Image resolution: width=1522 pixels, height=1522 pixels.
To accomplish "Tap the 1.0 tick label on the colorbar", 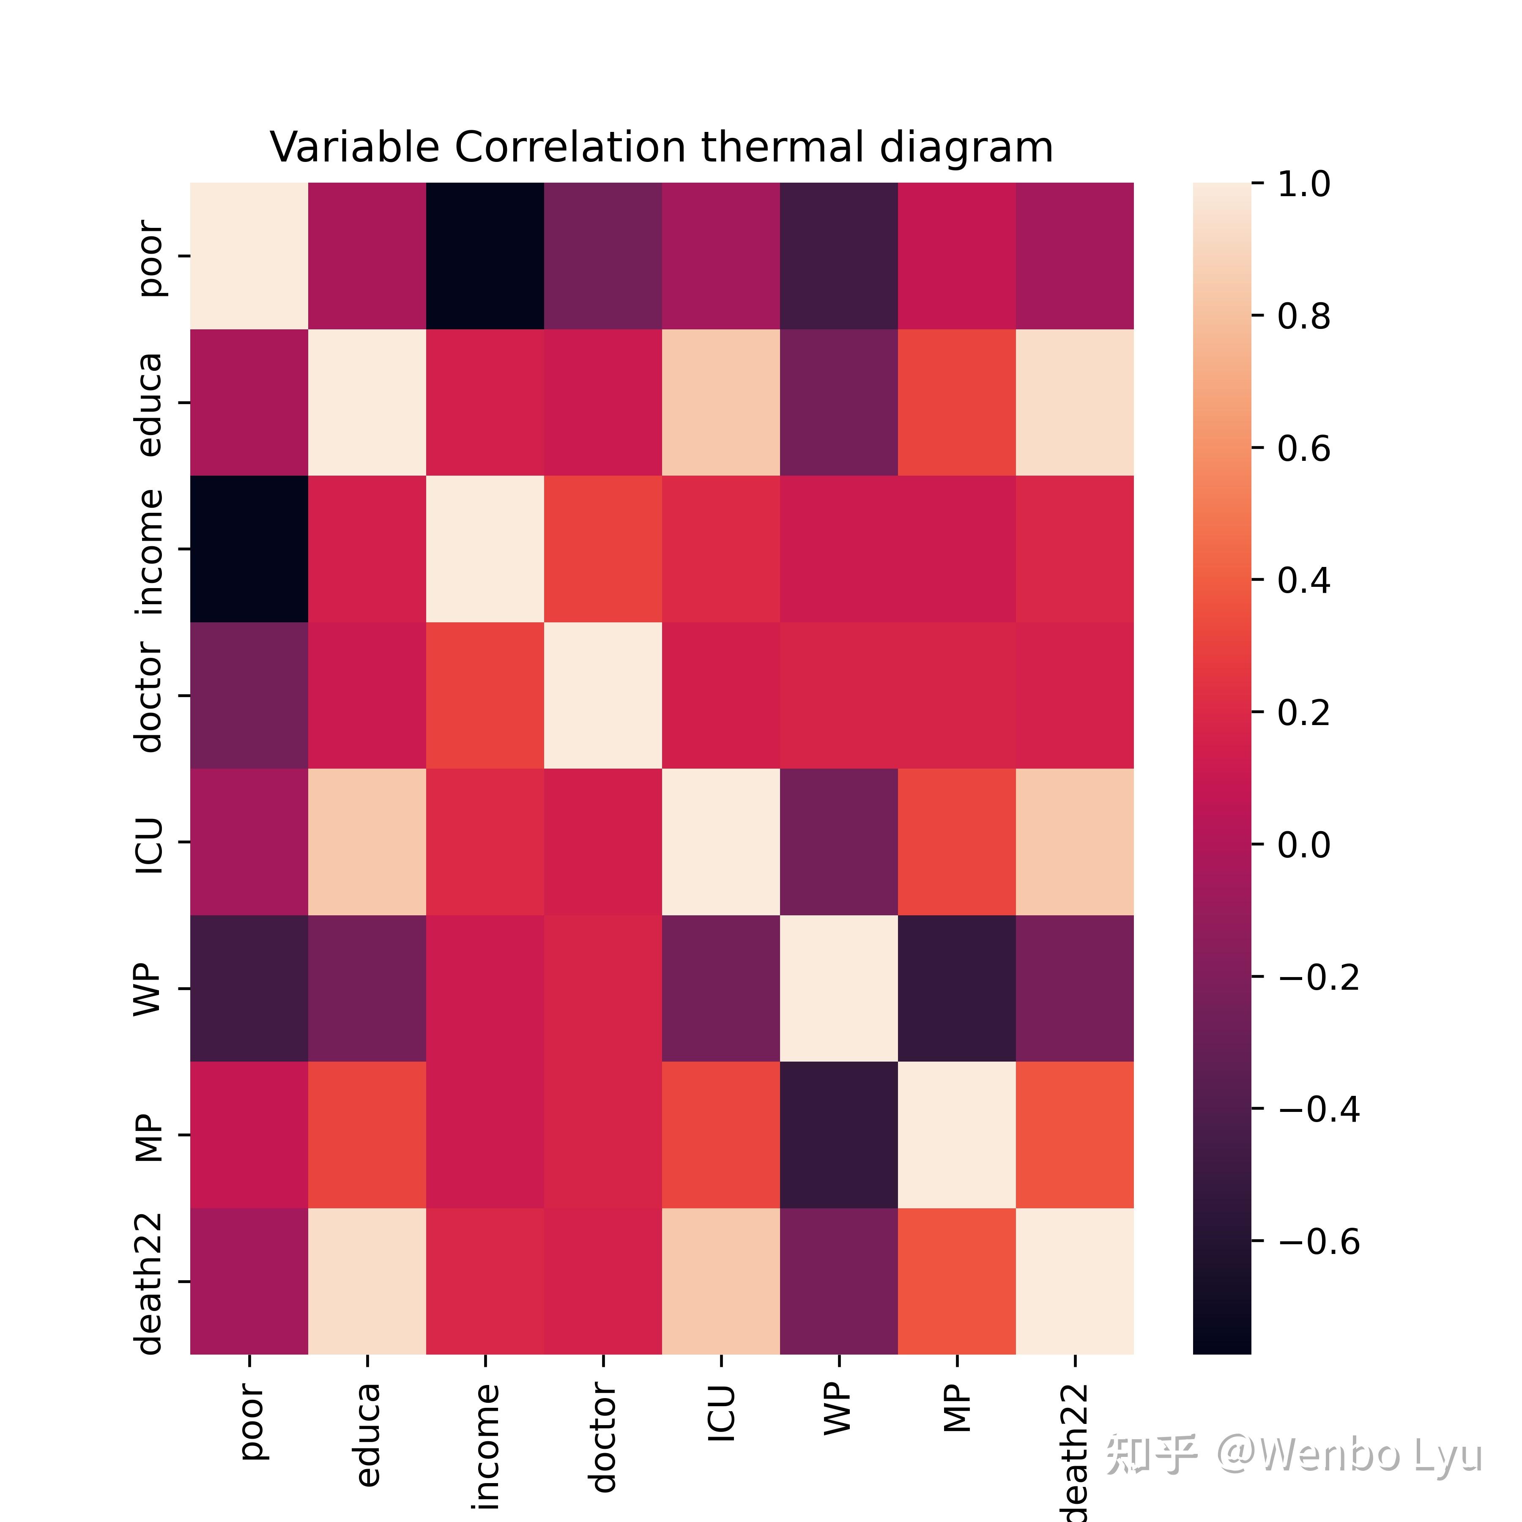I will [1304, 184].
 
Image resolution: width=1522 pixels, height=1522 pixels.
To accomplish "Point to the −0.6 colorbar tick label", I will [1319, 1242].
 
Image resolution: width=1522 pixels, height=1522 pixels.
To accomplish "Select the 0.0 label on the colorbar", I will [1304, 845].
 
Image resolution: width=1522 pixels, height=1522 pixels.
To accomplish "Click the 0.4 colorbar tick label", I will [1304, 580].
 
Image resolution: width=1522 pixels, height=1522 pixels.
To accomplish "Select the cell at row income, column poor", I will [249, 549].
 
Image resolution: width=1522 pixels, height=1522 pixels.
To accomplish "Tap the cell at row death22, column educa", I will [367, 1281].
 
